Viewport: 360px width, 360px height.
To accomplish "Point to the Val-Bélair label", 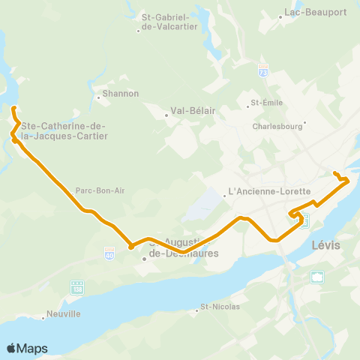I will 193,111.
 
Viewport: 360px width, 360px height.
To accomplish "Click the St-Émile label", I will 265,103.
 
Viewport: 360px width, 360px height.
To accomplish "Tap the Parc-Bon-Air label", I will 100,190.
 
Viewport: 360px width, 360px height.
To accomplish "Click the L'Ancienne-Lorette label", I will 268,191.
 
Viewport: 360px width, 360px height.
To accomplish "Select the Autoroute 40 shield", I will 109,253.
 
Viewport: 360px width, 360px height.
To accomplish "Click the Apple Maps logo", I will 27,348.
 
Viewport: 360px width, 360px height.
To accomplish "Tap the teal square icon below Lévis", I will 318,276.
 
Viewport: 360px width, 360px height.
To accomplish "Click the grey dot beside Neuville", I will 43,317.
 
